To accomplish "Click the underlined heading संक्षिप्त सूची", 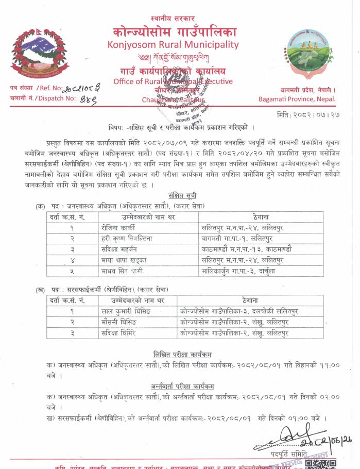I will point(182,195).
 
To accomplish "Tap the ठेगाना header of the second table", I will point(249,300).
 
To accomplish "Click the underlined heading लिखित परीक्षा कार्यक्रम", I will point(182,354).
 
